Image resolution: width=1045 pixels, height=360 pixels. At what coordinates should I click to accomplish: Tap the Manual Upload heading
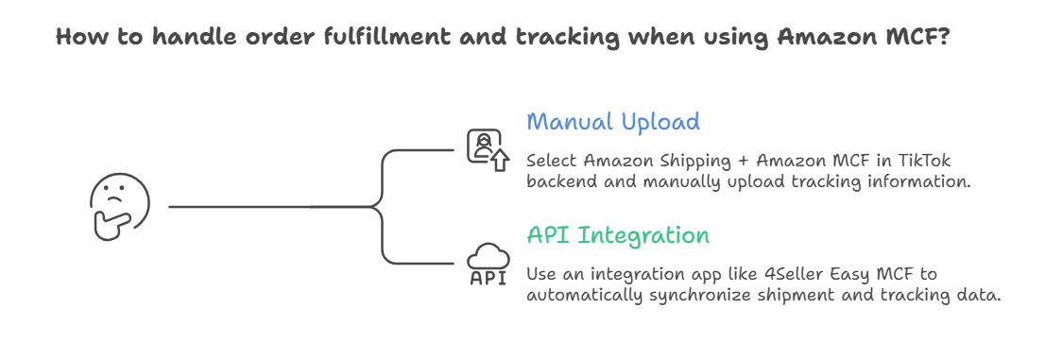pos(613,122)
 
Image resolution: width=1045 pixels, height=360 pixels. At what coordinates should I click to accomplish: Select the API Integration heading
pos(618,234)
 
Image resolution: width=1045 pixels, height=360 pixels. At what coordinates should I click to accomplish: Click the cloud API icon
pos(488,256)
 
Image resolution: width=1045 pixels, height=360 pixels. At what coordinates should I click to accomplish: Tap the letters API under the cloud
pos(488,278)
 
